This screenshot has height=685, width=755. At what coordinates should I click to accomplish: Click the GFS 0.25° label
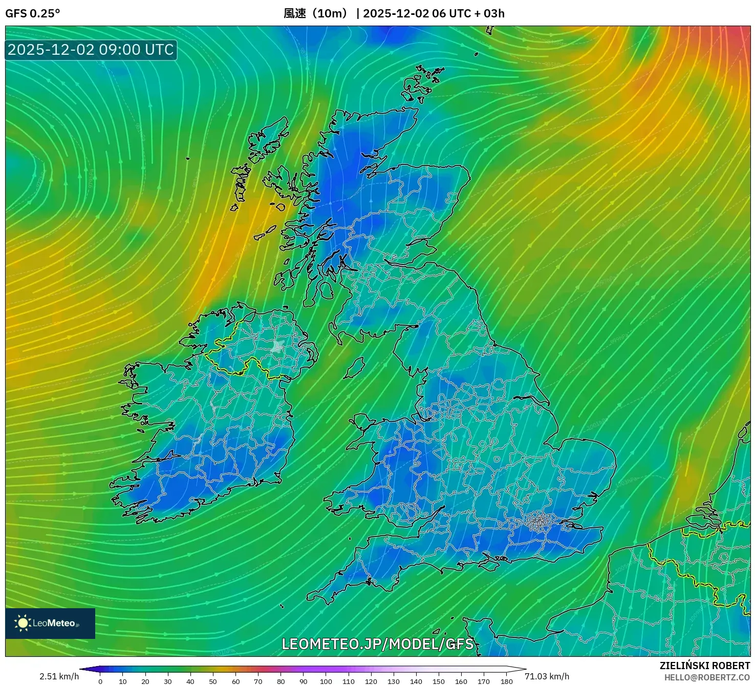pos(32,13)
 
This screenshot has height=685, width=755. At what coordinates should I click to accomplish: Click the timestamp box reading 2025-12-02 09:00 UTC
pos(91,50)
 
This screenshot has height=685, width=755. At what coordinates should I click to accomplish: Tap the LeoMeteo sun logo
pos(23,623)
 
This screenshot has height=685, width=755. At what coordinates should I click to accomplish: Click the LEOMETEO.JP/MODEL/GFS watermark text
pos(378,644)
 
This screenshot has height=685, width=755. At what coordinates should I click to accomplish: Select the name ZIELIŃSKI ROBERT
pos(704,666)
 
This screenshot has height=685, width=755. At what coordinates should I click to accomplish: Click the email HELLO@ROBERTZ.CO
pos(707,677)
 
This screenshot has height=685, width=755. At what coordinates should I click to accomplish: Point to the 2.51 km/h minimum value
pos(59,676)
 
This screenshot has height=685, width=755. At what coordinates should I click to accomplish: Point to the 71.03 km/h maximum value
pos(547,676)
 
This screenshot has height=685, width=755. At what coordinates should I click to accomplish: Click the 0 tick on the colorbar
pos(100,681)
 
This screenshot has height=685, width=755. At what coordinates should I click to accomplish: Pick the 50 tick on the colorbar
pos(213,681)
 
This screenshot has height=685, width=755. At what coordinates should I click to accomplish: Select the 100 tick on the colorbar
pos(326,681)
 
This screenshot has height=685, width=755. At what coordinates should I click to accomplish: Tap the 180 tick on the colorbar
pos(506,681)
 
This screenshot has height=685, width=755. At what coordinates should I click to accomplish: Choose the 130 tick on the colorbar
pos(394,681)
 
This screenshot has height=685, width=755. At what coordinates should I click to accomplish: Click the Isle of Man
pos(355,368)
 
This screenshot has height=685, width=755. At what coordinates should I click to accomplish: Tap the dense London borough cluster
pos(538,522)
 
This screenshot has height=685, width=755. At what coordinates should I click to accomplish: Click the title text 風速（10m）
pos(315,13)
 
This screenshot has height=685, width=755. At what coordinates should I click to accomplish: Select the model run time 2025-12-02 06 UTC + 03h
pos(434,13)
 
